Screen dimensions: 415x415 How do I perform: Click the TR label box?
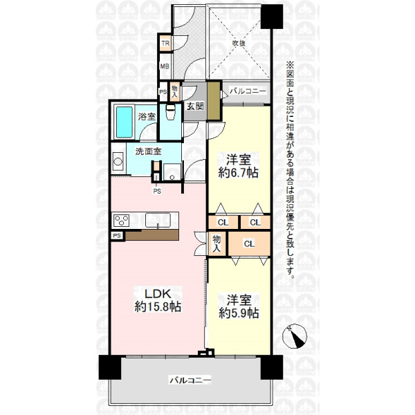point(166,43)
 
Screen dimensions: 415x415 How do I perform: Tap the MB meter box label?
point(165,66)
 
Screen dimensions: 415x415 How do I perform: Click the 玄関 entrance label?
point(195,106)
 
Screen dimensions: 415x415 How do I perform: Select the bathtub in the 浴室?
point(124,122)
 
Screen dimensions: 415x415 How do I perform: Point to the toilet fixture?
point(170,112)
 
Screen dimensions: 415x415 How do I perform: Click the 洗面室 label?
point(148,151)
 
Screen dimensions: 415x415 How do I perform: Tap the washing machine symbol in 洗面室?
point(118,161)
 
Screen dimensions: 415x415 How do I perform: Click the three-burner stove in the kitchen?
point(122,221)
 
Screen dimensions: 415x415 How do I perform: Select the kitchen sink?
point(158,220)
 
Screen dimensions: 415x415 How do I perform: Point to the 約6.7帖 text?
point(238,174)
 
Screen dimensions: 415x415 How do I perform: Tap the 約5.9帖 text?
point(239,313)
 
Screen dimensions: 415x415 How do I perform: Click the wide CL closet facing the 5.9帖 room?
point(249,243)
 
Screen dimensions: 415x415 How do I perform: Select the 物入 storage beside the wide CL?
point(216,243)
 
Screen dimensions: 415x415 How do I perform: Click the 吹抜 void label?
point(239,43)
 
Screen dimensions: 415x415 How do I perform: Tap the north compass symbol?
point(295,336)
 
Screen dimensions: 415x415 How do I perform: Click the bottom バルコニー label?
point(190,380)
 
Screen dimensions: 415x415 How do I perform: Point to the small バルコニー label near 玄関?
point(248,91)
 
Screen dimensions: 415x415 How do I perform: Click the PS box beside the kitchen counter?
point(117,236)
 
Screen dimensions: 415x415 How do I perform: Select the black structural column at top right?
point(272,17)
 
